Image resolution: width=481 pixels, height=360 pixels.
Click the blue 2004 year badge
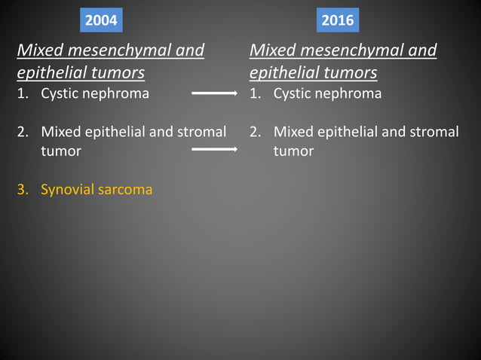pyautogui.click(x=100, y=20)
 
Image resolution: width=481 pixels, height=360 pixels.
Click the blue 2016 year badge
pyautogui.click(x=337, y=20)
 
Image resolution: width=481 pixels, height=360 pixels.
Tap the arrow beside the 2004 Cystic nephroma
pyautogui.click(x=215, y=94)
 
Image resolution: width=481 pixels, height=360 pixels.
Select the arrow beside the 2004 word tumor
pyautogui.click(x=215, y=150)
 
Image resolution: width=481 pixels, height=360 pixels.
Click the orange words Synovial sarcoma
pyautogui.click(x=97, y=189)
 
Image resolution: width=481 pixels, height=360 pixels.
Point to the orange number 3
pyautogui.click(x=22, y=189)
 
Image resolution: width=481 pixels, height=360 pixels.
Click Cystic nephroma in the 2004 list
pyautogui.click(x=95, y=94)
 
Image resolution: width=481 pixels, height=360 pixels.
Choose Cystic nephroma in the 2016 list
pyautogui.click(x=327, y=94)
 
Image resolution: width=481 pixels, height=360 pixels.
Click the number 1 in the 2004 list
pyautogui.click(x=22, y=94)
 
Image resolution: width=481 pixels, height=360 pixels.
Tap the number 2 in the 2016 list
pyautogui.click(x=255, y=132)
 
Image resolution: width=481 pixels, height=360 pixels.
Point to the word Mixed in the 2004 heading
pyautogui.click(x=38, y=51)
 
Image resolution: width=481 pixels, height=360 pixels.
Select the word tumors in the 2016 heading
pyautogui.click(x=352, y=73)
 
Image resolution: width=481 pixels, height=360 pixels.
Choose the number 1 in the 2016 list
pyautogui.click(x=255, y=94)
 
